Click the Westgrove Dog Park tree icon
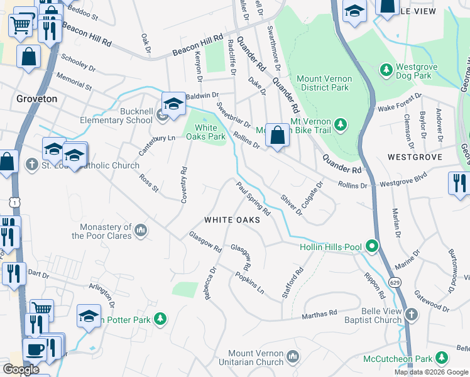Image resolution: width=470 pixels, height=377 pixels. (386, 68)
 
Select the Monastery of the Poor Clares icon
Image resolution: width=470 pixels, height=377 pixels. (141, 231)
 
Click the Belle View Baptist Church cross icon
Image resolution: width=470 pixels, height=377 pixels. (410, 314)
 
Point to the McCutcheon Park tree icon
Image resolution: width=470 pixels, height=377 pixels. (443, 359)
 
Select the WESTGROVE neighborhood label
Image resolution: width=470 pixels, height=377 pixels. (415, 156)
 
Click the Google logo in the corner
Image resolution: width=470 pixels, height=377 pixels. (21, 369)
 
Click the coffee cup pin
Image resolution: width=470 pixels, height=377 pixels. (34, 349)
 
